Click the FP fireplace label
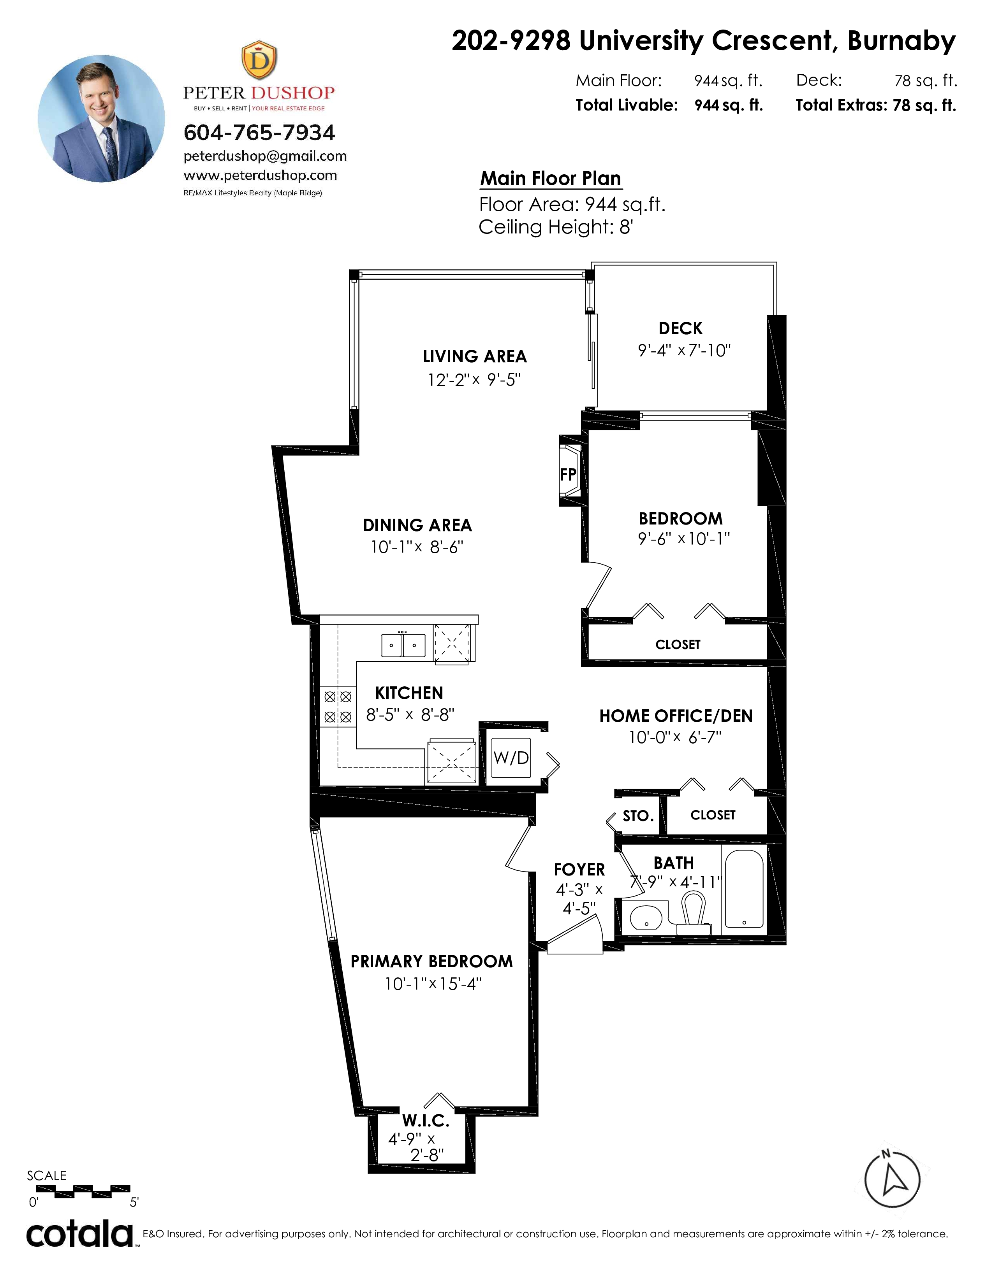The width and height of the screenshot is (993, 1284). [568, 474]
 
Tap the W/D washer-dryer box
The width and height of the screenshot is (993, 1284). [511, 758]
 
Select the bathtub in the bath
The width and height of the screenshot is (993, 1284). [744, 889]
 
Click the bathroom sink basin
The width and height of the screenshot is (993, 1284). [646, 917]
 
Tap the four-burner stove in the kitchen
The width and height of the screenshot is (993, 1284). [338, 707]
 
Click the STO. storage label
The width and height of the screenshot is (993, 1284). [638, 816]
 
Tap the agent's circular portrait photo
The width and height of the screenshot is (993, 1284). [102, 118]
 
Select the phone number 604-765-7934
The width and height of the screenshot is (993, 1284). [259, 132]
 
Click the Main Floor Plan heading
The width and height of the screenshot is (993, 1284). [551, 178]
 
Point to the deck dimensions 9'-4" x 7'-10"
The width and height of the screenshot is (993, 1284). [684, 351]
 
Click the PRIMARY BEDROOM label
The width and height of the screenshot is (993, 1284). [432, 961]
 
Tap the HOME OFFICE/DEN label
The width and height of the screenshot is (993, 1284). [676, 716]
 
